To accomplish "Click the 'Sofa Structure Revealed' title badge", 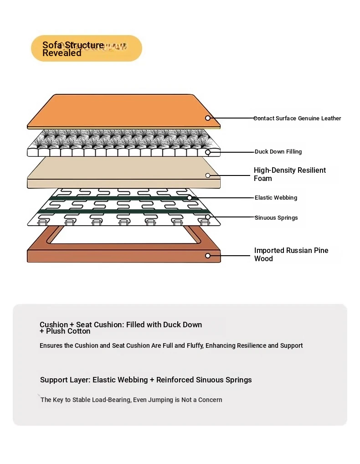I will point(86,48).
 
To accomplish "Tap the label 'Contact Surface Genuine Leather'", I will point(297,118).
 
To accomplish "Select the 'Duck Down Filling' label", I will point(278,152).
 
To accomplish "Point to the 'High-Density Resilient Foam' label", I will point(289,174).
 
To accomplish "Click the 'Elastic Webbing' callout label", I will point(276,198).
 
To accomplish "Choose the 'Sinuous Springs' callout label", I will point(276,218).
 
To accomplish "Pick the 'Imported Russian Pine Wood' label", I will point(291,254).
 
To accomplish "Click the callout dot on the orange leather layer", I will point(208,118).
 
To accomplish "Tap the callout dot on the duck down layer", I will point(208,152).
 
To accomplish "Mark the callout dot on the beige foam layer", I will point(208,175).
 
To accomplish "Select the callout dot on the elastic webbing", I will point(190,198).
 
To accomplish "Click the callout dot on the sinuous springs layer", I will point(208,217).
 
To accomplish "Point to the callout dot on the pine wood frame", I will point(208,256).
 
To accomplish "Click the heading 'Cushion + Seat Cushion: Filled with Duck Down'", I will point(121,325).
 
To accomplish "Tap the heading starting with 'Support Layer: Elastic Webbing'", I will point(146,380).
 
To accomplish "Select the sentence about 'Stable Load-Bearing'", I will point(131,400).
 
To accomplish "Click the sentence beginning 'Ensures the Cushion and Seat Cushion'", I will point(171,345).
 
